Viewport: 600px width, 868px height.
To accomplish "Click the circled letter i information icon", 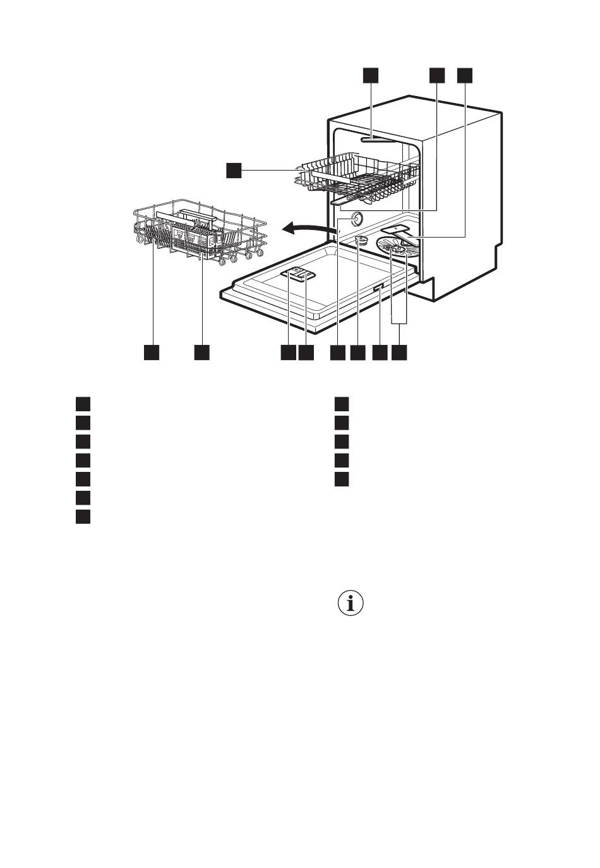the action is coord(352,603).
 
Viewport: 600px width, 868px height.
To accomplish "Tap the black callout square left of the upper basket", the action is coord(234,170).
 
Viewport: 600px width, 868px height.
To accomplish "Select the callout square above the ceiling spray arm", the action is coord(371,75).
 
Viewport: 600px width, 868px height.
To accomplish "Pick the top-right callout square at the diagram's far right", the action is coord(464,75).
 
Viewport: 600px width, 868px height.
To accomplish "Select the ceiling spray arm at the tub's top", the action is coord(376,140).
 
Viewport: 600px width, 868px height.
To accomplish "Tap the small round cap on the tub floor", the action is coord(360,239).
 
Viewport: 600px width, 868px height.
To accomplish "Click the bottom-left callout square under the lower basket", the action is coord(151,353).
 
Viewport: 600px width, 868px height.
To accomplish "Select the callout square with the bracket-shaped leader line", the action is coord(399,353).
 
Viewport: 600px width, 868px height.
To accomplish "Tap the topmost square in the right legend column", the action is coord(342,403).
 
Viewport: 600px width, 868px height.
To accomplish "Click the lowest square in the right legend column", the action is coord(342,479).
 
